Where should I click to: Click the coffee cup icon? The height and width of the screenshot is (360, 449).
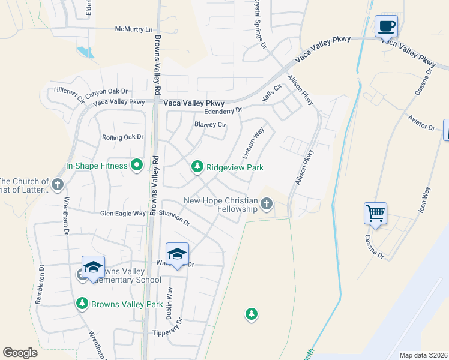(386, 26)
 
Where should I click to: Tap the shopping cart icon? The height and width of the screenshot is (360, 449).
(375, 213)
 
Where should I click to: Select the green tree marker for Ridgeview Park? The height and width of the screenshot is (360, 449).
(197, 167)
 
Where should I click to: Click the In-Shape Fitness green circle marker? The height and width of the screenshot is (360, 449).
(137, 166)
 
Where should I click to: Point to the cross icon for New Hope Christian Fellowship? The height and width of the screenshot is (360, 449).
(267, 206)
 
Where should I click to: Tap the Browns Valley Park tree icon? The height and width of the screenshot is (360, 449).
(83, 304)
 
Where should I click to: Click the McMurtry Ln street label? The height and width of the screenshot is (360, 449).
(134, 29)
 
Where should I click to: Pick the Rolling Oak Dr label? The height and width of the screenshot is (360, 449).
(123, 137)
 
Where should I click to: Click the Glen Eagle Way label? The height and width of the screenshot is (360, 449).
(123, 213)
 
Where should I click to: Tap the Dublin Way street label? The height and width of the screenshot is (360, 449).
(170, 302)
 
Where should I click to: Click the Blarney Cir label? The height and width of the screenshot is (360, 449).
(210, 125)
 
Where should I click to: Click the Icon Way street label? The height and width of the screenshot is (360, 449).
(423, 201)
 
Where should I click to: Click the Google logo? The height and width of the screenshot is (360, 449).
(20, 353)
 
